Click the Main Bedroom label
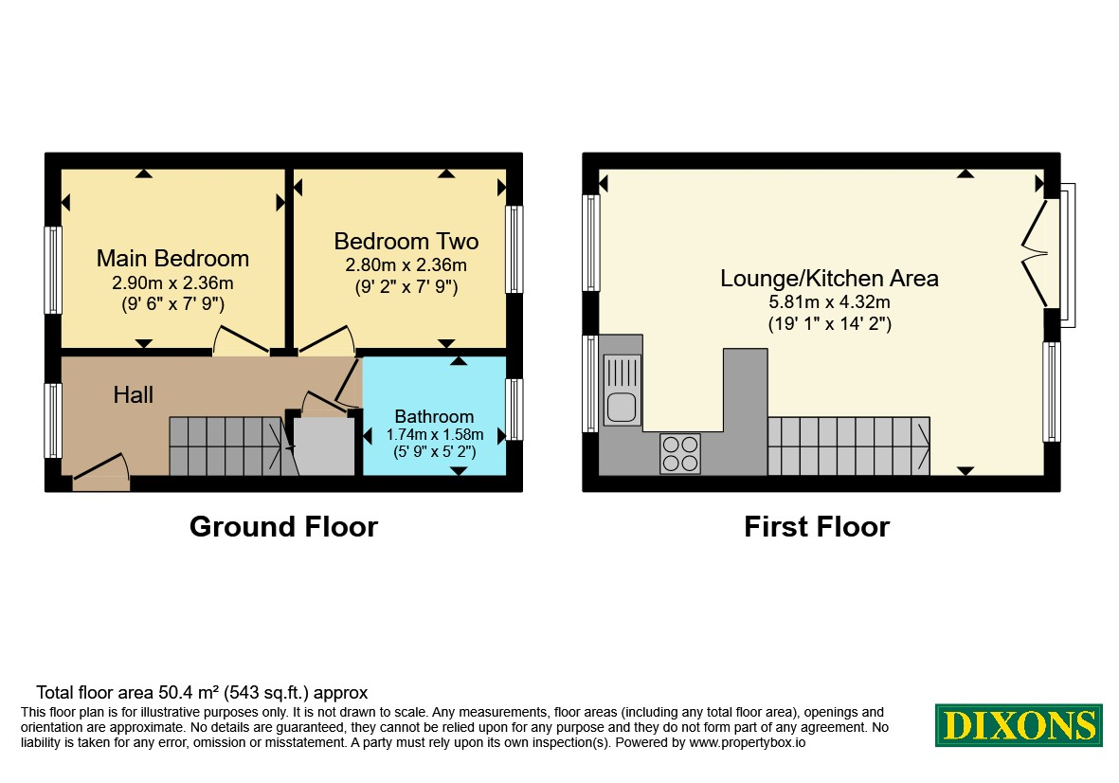(172, 259)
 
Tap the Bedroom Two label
(406, 242)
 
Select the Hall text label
(134, 394)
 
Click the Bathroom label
(434, 416)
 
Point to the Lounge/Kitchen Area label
(829, 279)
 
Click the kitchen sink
(623, 391)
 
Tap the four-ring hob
(680, 454)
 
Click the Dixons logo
(1020, 725)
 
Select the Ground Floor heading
(283, 527)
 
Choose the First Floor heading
(817, 527)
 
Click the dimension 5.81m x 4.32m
(829, 302)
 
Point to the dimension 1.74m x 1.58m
(435, 434)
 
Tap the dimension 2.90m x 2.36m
(172, 282)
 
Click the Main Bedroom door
(242, 340)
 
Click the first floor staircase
(849, 446)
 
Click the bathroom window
(514, 410)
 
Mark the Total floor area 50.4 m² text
(202, 692)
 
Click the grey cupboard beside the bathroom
(324, 446)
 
